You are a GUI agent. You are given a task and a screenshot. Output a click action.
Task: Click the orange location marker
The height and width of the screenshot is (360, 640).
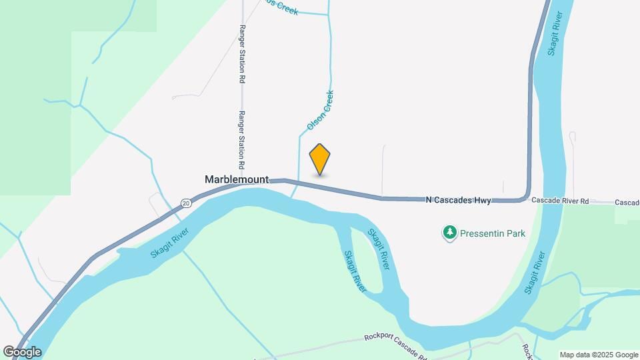[320, 159]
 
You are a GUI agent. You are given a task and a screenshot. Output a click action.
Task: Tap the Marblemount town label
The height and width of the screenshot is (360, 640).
[237, 179]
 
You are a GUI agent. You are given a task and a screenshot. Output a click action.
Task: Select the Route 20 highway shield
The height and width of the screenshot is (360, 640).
[186, 202]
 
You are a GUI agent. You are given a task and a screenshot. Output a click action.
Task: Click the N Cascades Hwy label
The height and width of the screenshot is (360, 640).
[458, 200]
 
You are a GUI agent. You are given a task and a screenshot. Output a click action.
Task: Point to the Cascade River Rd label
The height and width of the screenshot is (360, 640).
[561, 201]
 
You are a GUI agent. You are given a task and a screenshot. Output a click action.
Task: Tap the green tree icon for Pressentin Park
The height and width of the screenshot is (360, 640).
[450, 233]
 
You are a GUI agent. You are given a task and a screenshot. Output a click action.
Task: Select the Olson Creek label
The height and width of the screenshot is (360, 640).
[320, 110]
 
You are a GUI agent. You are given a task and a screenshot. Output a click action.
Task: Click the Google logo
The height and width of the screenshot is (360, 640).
[22, 352]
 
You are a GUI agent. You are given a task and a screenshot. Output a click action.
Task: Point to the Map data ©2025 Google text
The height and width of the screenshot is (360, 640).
[599, 355]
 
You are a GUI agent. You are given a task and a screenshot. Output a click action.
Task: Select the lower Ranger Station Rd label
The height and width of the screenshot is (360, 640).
[243, 139]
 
